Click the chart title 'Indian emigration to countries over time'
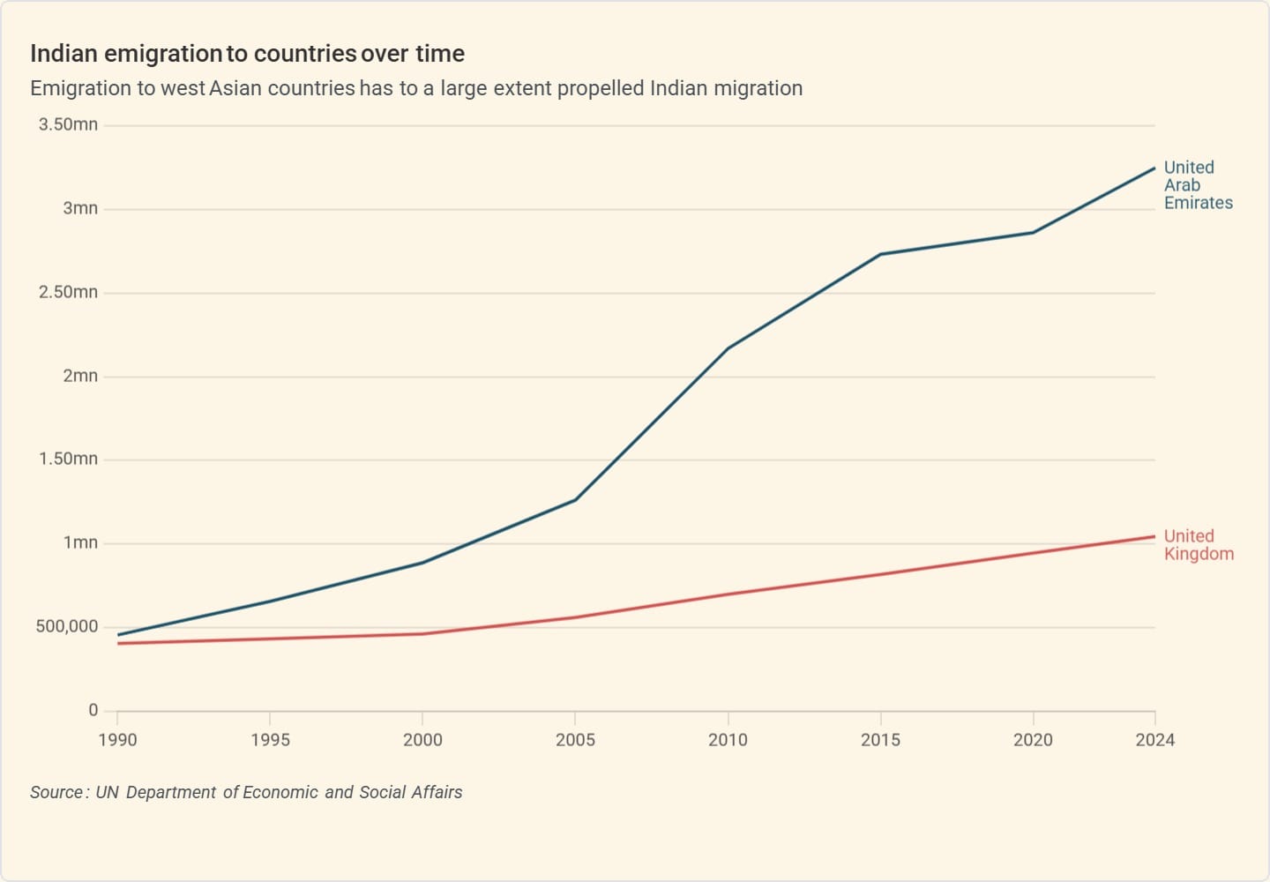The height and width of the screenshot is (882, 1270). point(247,54)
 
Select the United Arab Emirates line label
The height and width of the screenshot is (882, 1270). point(1198,185)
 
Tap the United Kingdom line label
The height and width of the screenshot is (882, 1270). point(1198,545)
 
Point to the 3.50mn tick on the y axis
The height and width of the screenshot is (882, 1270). point(68,124)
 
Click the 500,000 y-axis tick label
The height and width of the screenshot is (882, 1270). point(67,627)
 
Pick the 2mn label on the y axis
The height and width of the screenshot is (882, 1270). point(80,376)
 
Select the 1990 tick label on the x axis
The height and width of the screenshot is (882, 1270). point(117,740)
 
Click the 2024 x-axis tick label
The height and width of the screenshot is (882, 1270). point(1154,740)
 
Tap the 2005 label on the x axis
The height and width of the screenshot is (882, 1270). point(575,740)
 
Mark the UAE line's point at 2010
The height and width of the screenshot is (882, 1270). point(728,348)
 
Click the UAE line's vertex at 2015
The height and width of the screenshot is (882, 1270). point(880,255)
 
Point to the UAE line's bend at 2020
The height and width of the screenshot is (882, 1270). point(1033,233)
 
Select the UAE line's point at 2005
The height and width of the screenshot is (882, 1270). point(575,500)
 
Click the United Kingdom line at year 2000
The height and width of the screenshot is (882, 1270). point(422,634)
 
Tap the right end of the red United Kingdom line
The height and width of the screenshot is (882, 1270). point(1154,536)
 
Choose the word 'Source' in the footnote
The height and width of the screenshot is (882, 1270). point(56,792)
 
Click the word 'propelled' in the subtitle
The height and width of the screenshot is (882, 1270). point(601,88)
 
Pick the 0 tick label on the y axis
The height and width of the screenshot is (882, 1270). point(93,710)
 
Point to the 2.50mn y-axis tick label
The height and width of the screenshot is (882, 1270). point(68,292)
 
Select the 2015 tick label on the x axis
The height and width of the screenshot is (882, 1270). point(880,740)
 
